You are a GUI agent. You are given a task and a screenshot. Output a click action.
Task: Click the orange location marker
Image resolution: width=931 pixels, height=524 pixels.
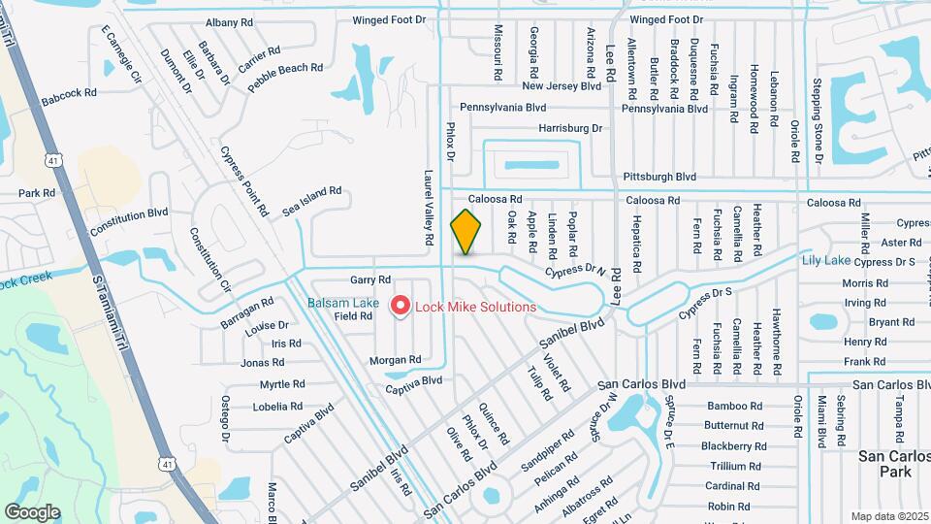[465, 232]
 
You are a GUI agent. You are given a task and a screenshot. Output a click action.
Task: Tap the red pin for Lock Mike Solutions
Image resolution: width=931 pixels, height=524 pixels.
[400, 307]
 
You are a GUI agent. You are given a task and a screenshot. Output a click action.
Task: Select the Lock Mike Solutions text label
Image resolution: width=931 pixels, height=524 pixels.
[475, 307]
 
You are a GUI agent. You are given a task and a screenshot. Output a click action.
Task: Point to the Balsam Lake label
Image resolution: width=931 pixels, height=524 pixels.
[343, 303]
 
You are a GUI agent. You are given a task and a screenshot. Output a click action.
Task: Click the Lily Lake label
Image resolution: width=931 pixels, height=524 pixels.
[825, 260]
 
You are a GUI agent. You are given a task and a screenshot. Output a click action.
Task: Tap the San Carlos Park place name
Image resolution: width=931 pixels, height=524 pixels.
[885, 463]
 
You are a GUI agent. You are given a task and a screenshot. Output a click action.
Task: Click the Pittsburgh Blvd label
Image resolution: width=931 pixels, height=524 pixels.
[658, 177]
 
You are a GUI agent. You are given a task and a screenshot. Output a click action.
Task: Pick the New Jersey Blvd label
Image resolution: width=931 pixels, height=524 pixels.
[562, 86]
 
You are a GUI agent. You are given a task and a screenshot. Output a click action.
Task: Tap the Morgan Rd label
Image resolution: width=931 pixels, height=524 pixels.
[395, 360]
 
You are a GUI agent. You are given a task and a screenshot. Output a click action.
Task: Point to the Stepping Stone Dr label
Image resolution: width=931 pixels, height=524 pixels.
[818, 120]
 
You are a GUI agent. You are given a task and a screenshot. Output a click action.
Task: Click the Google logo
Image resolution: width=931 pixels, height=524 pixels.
[32, 511]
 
